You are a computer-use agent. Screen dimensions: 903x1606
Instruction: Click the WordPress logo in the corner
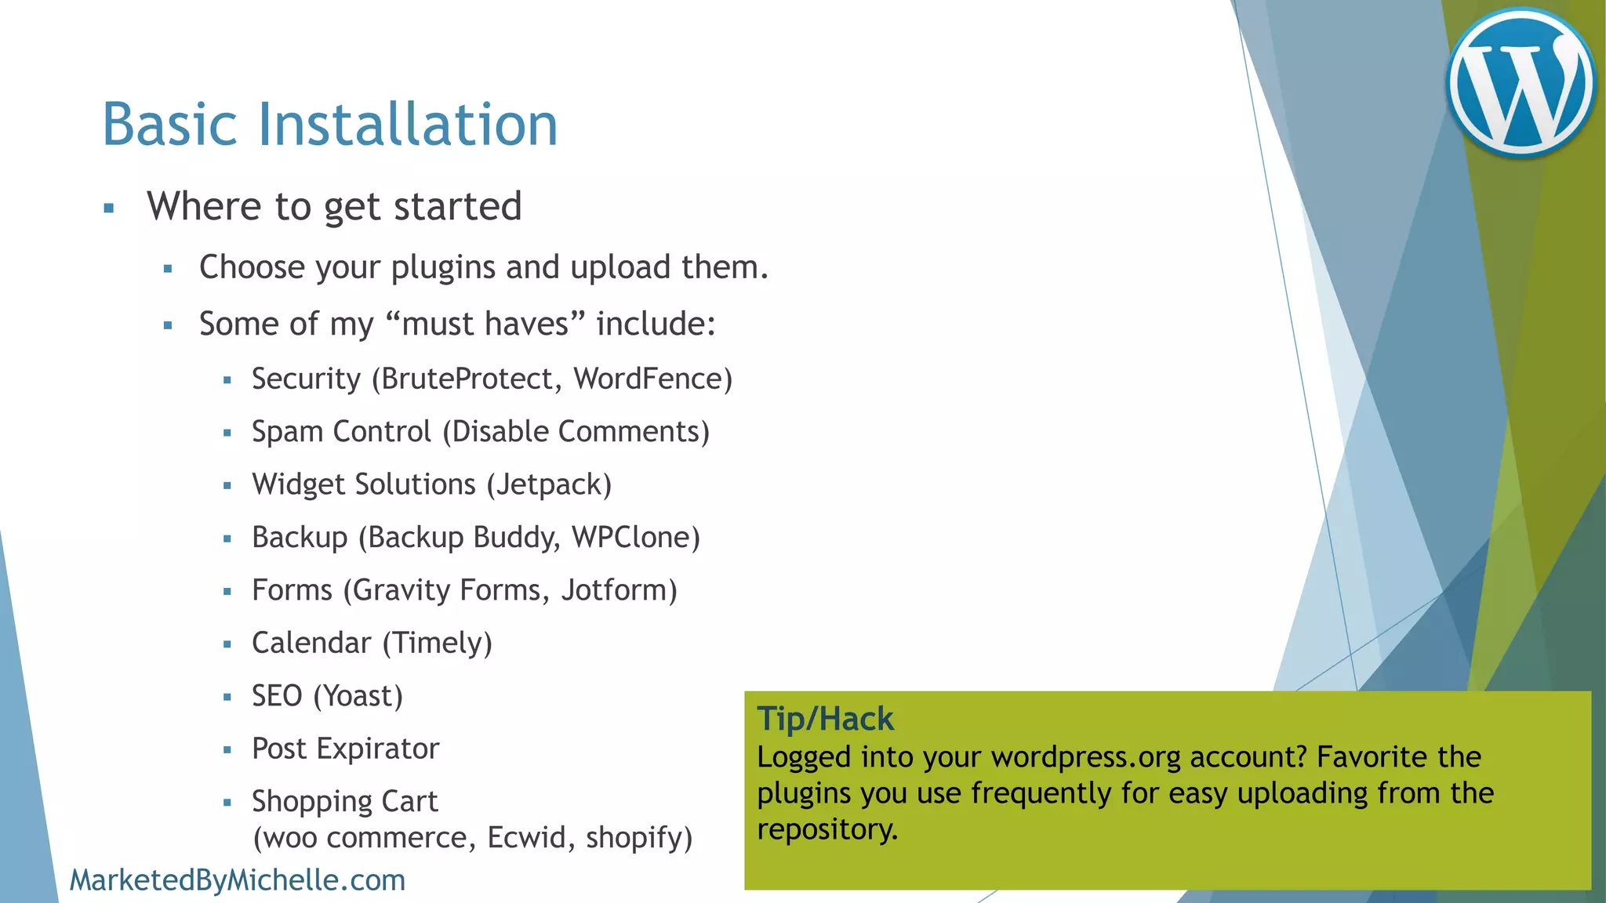(x=1521, y=82)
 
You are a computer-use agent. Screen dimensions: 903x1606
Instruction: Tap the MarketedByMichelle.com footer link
(x=237, y=880)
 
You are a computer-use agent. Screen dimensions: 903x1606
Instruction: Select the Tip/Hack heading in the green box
(x=825, y=719)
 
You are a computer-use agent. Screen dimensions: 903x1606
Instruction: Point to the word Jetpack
(x=549, y=484)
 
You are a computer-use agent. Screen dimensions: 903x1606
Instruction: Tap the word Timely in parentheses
(x=438, y=643)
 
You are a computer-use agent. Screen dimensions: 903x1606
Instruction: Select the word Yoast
(x=358, y=696)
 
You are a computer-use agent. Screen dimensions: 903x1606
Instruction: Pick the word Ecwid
(x=520, y=837)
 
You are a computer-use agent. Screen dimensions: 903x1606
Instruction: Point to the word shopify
(x=634, y=838)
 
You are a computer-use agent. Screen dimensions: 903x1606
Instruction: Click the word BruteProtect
(x=467, y=379)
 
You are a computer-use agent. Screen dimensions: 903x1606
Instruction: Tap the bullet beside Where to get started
(x=109, y=209)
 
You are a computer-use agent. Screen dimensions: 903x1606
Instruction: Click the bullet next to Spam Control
(x=227, y=433)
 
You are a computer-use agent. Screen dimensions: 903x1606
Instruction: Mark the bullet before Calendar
(x=227, y=644)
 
